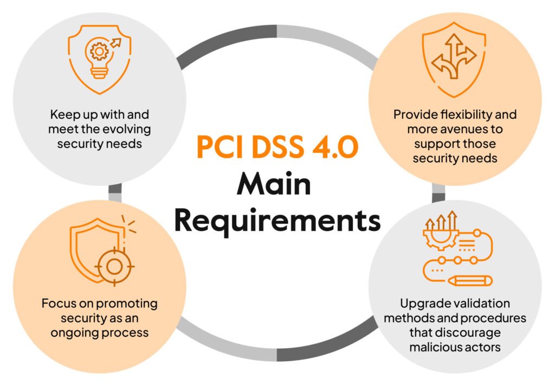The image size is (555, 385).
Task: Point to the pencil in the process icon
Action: (x=470, y=281)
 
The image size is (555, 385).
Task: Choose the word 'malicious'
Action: (x=436, y=347)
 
